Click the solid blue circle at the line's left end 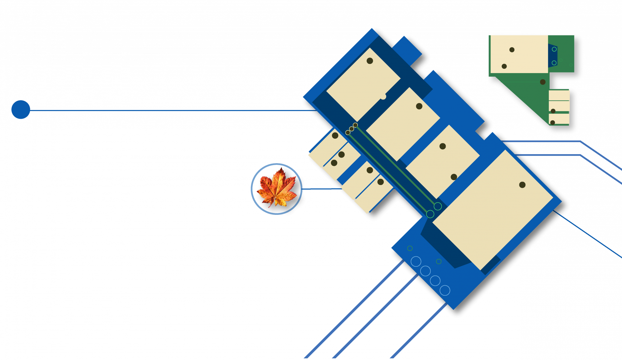click(21, 109)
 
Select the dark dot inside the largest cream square click(522, 185)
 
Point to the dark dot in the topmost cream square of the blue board click(370, 61)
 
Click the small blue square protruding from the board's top click(407, 51)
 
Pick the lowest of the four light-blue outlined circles click(445, 290)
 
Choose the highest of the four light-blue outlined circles click(416, 261)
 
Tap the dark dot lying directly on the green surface click(543, 82)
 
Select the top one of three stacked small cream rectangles click(559, 95)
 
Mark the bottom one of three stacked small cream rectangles click(559, 119)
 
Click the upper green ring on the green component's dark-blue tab click(554, 49)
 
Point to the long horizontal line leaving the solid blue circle click(171, 110)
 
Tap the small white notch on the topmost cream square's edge click(383, 97)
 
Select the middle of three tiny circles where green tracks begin click(351, 129)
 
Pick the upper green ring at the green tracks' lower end click(438, 206)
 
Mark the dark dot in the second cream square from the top click(419, 106)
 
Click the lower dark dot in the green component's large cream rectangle click(504, 66)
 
